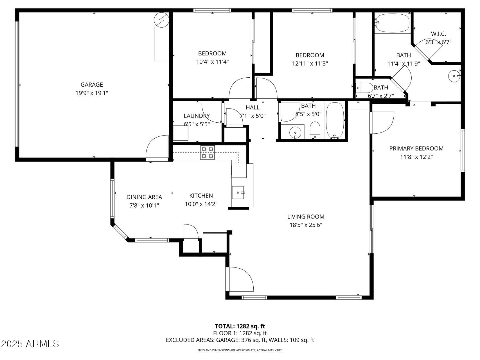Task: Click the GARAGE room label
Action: [92, 84]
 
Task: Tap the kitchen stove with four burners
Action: [208, 152]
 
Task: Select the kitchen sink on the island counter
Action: [238, 192]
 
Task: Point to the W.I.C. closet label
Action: [438, 34]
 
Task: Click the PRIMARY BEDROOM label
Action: [416, 148]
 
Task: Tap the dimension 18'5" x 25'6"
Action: [306, 225]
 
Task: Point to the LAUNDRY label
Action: [197, 116]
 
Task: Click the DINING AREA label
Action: [144, 197]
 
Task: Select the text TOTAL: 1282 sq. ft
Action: [240, 326]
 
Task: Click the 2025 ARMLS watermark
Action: [30, 344]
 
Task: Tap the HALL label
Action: [253, 107]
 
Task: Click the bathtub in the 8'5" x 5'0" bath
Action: [335, 120]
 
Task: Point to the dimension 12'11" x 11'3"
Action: [310, 64]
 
